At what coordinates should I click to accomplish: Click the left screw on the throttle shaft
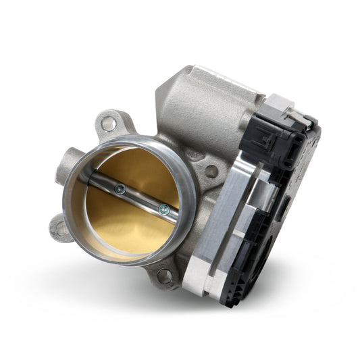coord(119,189)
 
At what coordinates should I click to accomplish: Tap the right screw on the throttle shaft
coord(163,209)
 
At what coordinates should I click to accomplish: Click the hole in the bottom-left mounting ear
coord(61,229)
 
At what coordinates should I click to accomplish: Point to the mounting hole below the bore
coord(163,274)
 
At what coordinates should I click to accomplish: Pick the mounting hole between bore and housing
coord(211,172)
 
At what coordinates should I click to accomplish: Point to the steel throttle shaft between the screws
coord(140,199)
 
